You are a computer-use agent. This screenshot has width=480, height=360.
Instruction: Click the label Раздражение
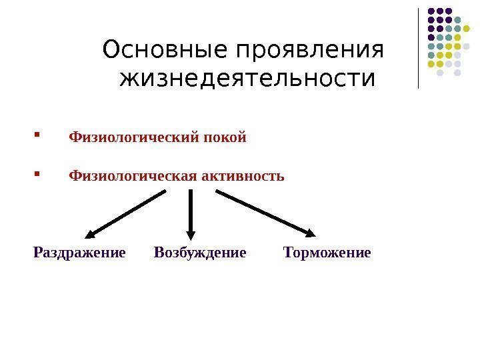point(79,253)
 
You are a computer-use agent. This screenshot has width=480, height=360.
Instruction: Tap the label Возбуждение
point(200,253)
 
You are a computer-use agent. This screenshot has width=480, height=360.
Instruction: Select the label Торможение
point(327,253)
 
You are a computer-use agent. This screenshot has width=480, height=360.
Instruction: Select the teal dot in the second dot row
point(458,20)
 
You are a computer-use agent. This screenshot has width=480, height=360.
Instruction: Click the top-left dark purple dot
point(431,11)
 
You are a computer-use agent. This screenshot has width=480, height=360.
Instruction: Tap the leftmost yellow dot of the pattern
point(431,65)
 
